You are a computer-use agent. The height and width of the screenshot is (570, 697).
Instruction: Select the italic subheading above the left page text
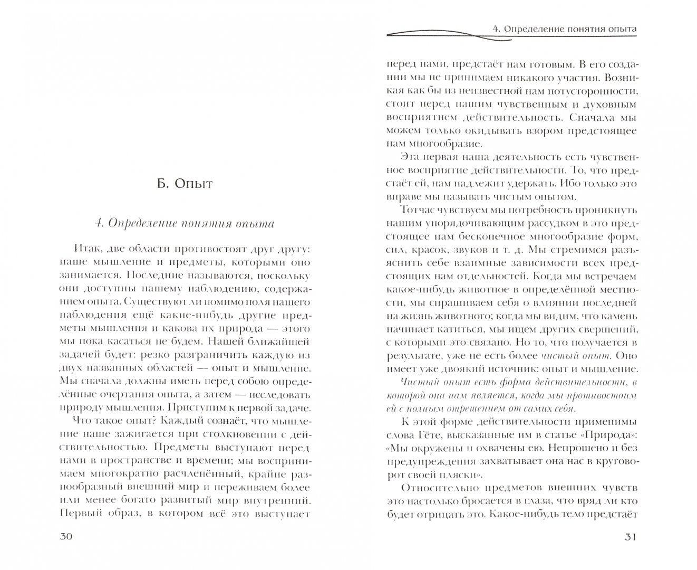coord(183,223)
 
